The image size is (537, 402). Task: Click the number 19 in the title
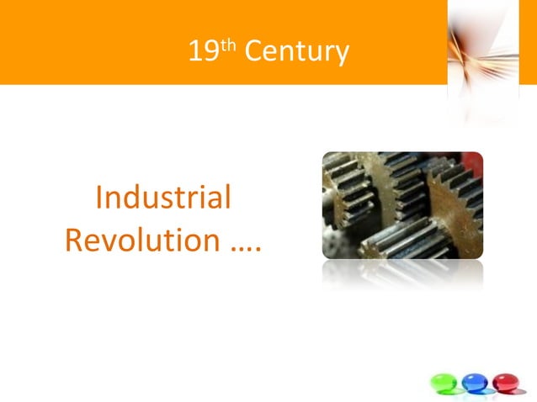click(202, 52)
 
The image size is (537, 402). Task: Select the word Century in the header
click(295, 53)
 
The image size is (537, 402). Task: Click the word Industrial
click(163, 198)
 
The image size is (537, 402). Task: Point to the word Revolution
click(142, 241)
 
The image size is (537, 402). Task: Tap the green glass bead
click(444, 382)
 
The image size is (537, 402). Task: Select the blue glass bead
click(474, 382)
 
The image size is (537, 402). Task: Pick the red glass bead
click(504, 382)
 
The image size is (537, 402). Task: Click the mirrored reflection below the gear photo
click(402, 273)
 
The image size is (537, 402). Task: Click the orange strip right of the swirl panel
click(529, 42)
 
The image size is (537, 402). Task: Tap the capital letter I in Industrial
click(99, 198)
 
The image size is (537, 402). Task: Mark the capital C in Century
click(256, 53)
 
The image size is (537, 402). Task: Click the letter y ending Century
click(342, 56)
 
